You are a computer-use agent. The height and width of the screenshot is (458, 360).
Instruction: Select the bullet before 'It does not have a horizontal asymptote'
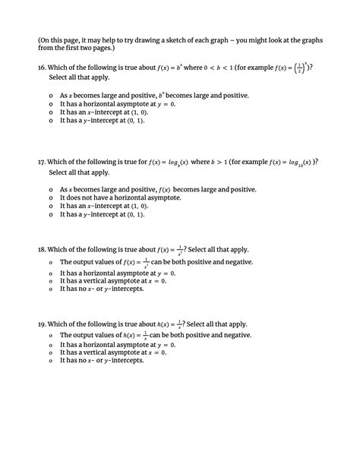click(50, 197)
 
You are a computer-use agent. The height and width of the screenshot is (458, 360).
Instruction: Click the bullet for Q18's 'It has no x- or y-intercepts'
click(50, 289)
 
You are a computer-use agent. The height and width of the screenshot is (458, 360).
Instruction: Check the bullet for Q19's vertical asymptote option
click(50, 352)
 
